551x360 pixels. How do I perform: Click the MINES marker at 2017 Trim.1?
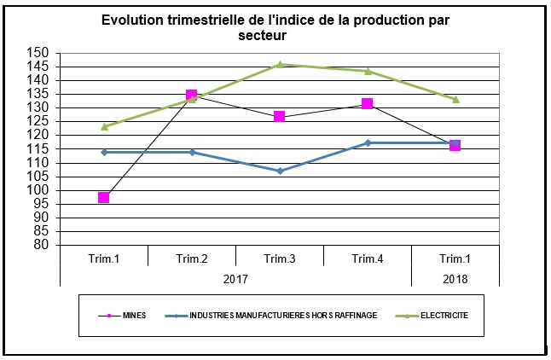[x=104, y=197]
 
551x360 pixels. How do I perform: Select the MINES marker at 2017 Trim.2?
[x=192, y=96]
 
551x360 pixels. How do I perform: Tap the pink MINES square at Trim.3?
[x=280, y=117]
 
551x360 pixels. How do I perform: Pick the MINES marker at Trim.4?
[x=368, y=104]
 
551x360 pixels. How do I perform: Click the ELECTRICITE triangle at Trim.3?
[x=280, y=64]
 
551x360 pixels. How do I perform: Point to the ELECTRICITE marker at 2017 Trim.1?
[x=104, y=126]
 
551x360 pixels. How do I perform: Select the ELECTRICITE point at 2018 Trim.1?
[x=455, y=99]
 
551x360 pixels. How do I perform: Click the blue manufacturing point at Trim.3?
[x=280, y=171]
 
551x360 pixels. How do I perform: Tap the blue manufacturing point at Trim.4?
[x=368, y=142]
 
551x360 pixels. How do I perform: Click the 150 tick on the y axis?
[x=39, y=53]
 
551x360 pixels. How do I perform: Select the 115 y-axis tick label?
[x=39, y=148]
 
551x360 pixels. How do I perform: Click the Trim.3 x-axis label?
[x=280, y=258]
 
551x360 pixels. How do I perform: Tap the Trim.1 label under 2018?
[x=455, y=258]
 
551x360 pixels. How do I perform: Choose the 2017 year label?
[x=235, y=277]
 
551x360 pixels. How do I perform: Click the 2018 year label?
[x=455, y=277]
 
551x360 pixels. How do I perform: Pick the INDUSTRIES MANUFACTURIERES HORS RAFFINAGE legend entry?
[x=281, y=316]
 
